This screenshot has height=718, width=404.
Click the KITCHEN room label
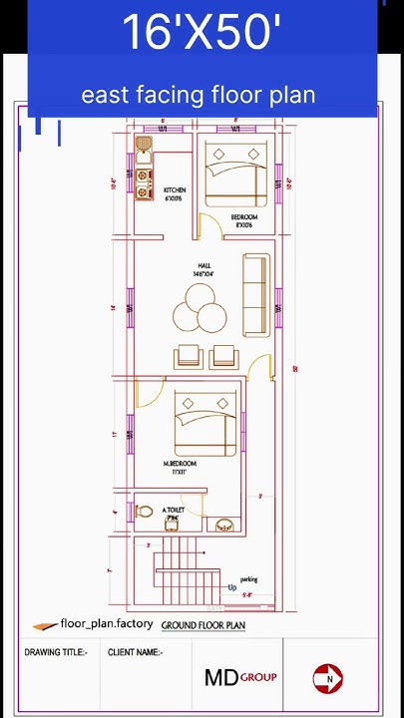[x=175, y=189]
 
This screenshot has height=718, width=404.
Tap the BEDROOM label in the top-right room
[x=244, y=217]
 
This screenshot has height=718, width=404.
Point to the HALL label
[x=203, y=266]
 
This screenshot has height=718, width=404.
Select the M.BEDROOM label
[x=180, y=464]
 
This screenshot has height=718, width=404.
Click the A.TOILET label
[x=174, y=510]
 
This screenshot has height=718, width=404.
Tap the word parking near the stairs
[x=248, y=579]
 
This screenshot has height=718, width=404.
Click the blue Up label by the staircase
[x=232, y=587]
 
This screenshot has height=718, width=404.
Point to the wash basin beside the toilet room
[x=223, y=524]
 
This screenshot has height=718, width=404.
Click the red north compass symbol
[x=328, y=678]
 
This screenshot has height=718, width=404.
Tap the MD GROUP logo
[x=240, y=678]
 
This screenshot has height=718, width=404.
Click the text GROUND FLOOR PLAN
[x=203, y=625]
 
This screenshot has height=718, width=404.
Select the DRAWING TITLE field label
[x=56, y=652]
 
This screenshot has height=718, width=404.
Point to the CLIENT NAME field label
[x=135, y=652]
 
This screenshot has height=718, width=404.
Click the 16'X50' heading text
[x=201, y=33]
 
